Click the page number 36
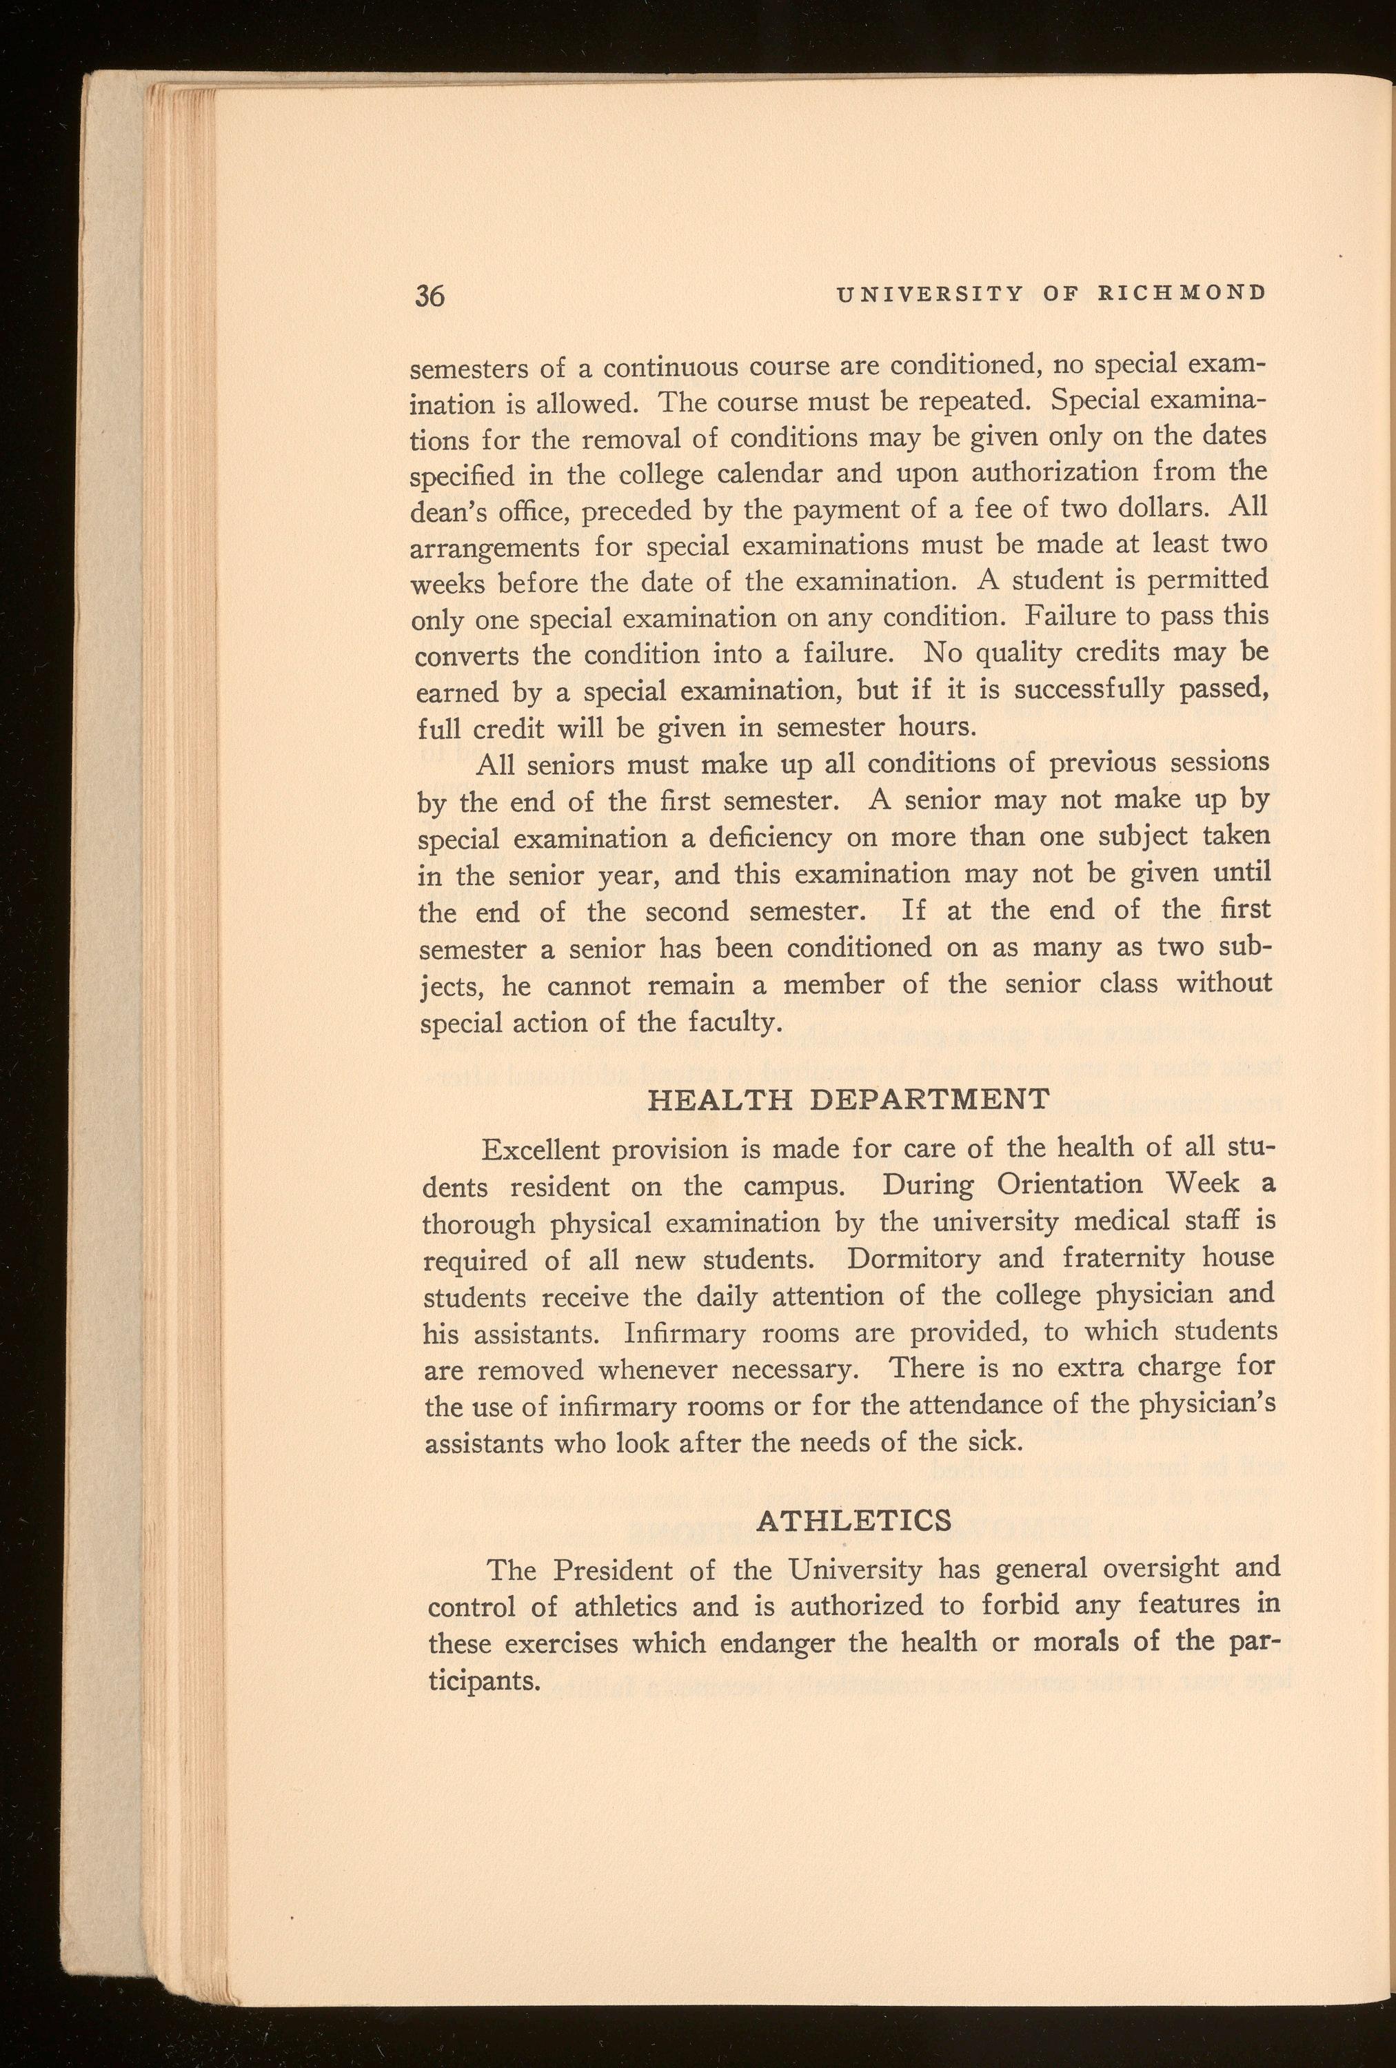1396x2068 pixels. coord(429,296)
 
